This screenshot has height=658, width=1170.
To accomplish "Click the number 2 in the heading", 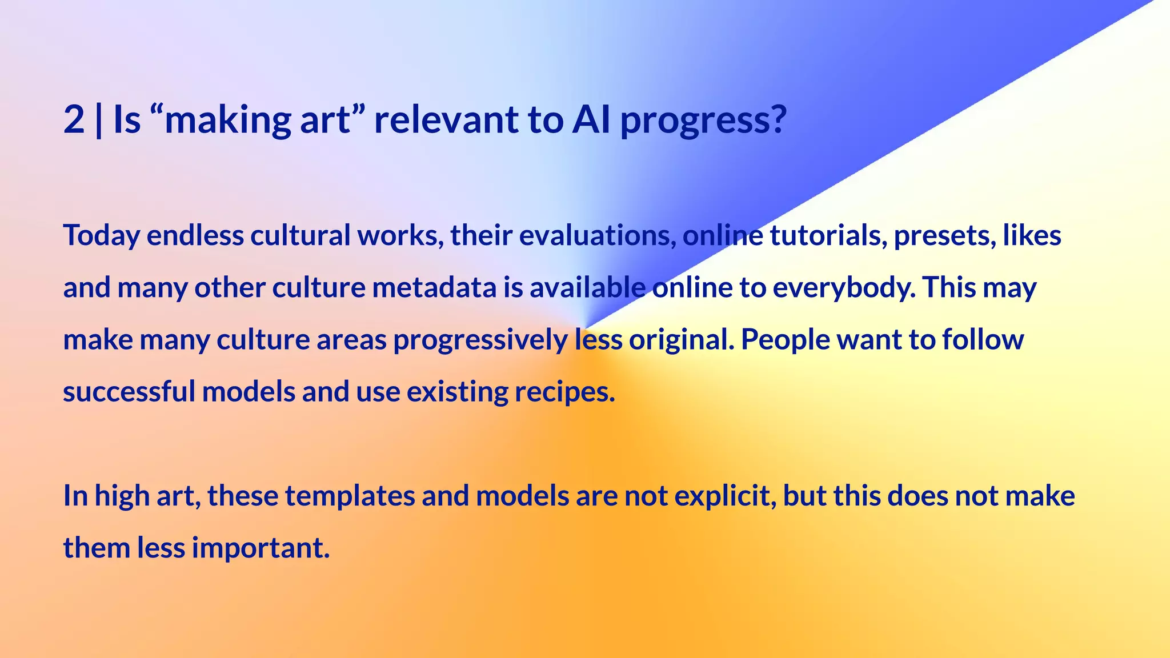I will tap(74, 120).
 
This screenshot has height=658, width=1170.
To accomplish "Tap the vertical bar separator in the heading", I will tap(99, 120).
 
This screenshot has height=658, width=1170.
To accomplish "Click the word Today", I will tap(101, 236).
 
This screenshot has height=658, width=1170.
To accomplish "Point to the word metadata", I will tap(434, 287).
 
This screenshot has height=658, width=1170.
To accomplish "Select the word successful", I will tap(129, 392).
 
